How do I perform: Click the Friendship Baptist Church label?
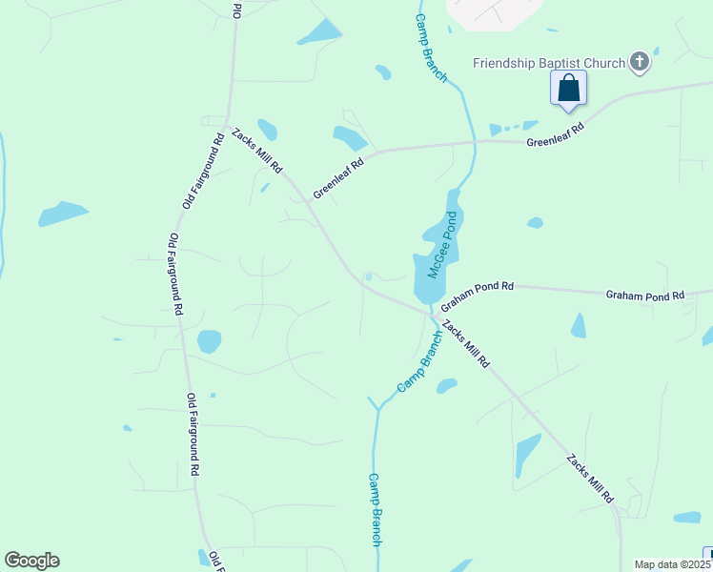(x=549, y=64)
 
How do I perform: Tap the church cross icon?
(x=640, y=64)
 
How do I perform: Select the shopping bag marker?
(x=569, y=89)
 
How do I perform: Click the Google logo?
(x=31, y=561)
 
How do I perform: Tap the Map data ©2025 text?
(x=672, y=564)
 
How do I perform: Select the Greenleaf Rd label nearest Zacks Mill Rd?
(x=338, y=176)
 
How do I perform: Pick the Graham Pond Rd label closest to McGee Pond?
(x=477, y=293)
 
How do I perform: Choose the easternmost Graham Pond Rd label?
(x=644, y=296)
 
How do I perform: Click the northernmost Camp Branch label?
(x=430, y=48)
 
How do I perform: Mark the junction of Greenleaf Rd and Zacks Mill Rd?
(x=307, y=200)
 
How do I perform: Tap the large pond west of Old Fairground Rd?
(x=63, y=214)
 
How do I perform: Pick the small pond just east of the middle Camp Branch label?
(x=446, y=386)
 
